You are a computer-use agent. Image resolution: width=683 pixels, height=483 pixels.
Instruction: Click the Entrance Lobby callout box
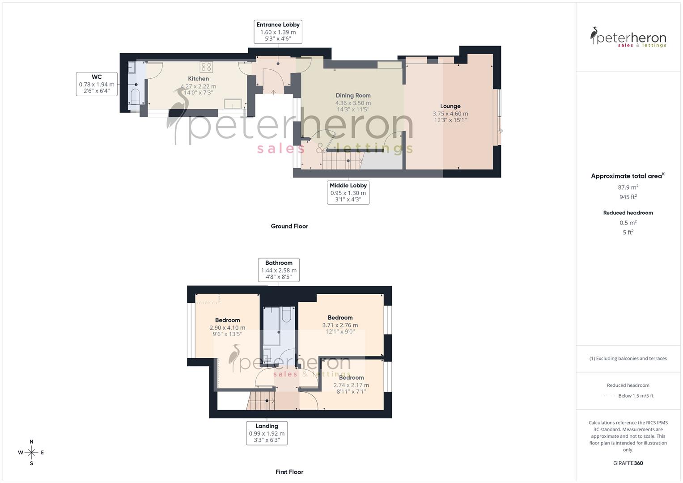[278, 31]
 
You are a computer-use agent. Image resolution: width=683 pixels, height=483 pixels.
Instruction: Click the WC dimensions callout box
[97, 84]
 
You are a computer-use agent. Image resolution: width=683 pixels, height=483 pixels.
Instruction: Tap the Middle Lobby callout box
[348, 192]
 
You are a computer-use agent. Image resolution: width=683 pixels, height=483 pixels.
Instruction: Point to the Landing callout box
[267, 433]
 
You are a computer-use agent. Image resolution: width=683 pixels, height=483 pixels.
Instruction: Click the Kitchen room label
[198, 79]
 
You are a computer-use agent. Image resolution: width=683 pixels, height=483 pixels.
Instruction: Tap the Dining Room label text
[353, 95]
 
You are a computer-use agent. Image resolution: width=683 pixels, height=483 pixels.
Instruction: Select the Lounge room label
[450, 106]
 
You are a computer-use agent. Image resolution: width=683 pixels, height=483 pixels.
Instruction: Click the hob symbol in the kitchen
[206, 67]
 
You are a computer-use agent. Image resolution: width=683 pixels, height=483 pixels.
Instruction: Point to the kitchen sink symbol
[234, 104]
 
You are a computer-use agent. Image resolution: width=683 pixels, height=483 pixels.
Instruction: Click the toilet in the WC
[135, 96]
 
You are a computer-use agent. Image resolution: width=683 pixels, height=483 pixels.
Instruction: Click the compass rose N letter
[31, 442]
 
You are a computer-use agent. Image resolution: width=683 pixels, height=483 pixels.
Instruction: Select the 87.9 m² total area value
[628, 187]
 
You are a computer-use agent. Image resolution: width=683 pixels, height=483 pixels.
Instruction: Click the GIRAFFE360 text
[628, 463]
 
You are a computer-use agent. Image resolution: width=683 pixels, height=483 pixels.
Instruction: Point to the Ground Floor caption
[289, 226]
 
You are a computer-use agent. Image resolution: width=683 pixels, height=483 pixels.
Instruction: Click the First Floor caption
[289, 472]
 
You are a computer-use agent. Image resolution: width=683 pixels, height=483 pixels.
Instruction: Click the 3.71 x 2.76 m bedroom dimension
[340, 325]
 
